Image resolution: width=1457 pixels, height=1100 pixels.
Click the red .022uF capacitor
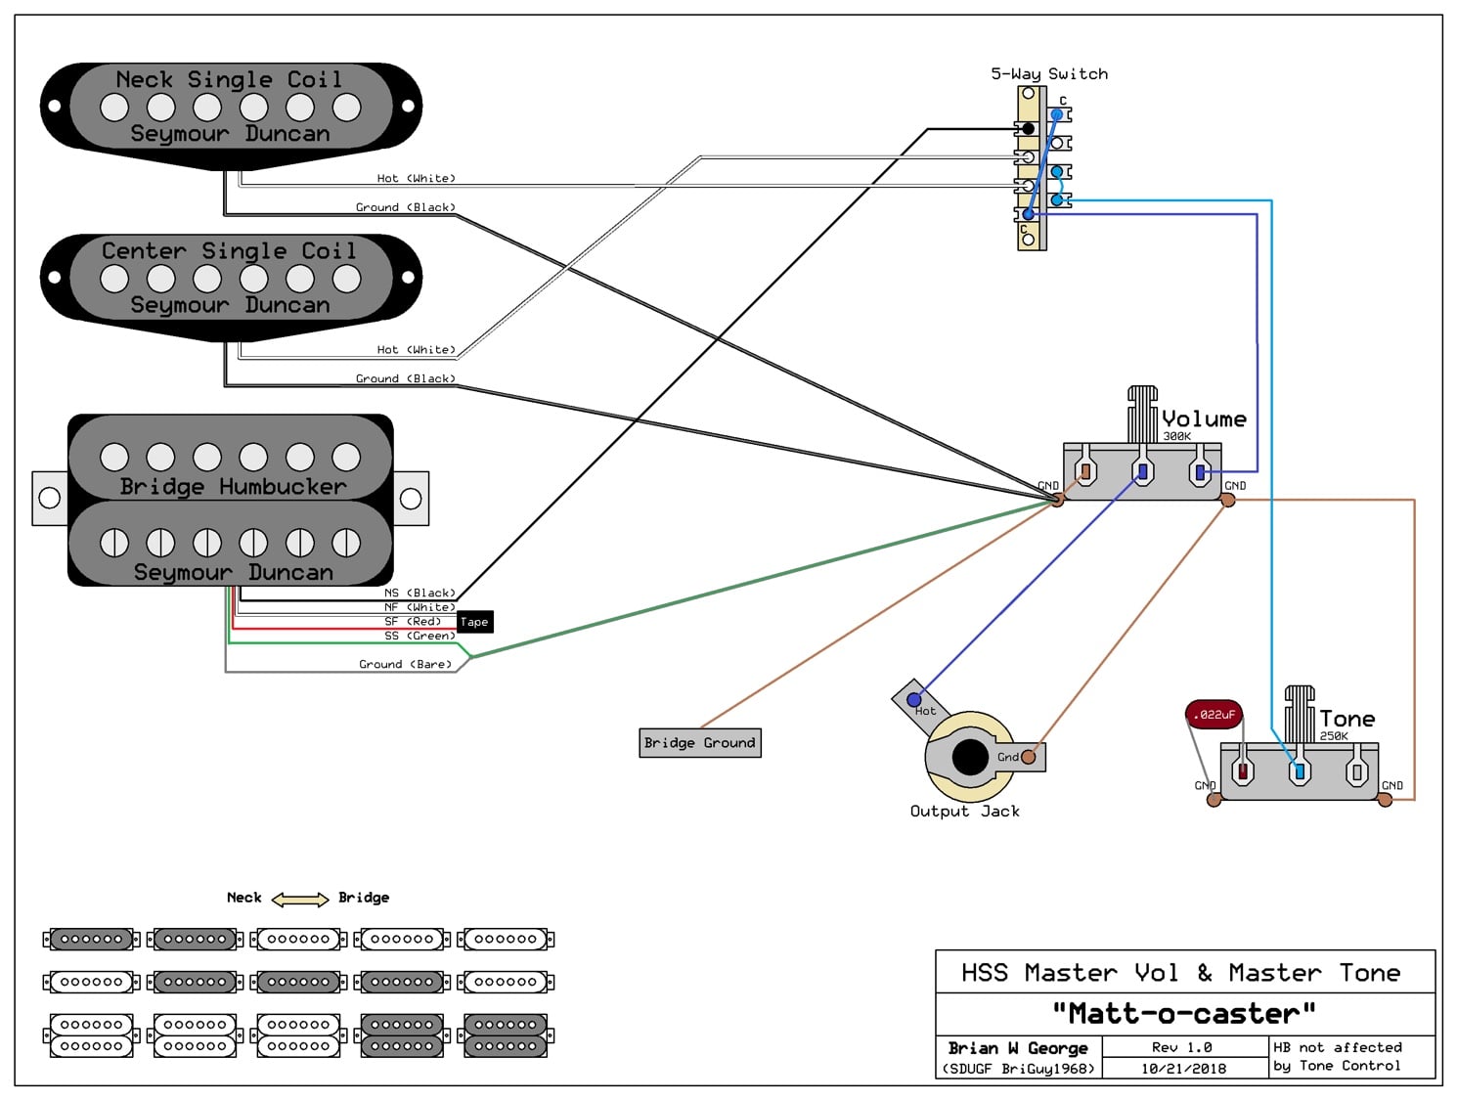click(1214, 715)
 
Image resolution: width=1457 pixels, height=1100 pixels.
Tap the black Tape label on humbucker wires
click(474, 622)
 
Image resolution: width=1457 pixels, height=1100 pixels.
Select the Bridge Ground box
click(699, 743)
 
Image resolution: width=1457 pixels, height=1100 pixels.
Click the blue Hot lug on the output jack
click(914, 700)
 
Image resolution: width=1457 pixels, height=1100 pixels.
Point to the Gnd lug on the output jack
click(1028, 757)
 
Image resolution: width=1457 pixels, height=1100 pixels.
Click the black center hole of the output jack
click(970, 758)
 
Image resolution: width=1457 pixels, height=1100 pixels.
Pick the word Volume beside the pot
click(1204, 419)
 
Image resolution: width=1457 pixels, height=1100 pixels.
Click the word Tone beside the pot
click(1347, 720)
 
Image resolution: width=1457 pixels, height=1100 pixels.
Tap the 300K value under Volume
click(1176, 436)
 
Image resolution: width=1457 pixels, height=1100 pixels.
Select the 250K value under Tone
click(1334, 735)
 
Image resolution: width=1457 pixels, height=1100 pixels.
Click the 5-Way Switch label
click(1049, 74)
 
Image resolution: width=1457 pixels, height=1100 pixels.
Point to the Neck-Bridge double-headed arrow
click(300, 899)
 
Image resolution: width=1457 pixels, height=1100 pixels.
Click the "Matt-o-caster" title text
click(1184, 1013)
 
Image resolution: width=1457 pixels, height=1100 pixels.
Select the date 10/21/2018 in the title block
click(1183, 1069)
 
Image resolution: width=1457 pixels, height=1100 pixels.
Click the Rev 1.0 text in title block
click(1181, 1047)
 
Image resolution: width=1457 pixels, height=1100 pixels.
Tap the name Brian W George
click(1018, 1048)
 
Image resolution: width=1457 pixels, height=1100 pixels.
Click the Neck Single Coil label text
click(229, 80)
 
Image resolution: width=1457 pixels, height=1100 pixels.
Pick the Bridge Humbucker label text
click(233, 487)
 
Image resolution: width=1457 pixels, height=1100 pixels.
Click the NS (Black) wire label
click(419, 594)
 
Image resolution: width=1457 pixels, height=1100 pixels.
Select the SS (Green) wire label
click(419, 636)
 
